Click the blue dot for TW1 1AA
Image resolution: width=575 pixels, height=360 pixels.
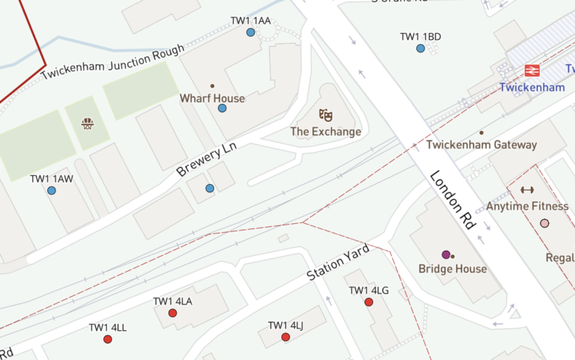click(250, 32)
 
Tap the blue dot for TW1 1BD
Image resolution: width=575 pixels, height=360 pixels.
click(420, 49)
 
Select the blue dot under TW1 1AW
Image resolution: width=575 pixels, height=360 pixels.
click(52, 191)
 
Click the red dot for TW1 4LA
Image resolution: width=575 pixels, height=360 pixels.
click(172, 313)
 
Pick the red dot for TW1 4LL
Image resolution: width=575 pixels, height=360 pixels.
click(108, 339)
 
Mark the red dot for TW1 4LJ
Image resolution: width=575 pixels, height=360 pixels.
click(285, 337)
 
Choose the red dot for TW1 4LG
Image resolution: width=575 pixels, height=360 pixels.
click(368, 302)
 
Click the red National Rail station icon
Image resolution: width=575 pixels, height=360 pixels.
click(532, 70)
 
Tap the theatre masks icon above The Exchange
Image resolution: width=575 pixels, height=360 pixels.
click(325, 115)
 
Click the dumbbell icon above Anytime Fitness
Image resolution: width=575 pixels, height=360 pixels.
click(527, 190)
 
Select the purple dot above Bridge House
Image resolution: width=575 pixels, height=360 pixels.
click(445, 254)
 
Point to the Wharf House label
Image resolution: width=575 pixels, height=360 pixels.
click(212, 98)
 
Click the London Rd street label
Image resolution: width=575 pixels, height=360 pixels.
click(453, 200)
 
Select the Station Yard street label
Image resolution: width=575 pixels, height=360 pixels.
click(338, 261)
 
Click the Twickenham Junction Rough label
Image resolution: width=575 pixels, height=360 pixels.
click(112, 63)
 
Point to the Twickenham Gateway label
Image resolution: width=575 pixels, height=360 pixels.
click(481, 144)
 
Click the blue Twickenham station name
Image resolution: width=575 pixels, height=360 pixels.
click(532, 88)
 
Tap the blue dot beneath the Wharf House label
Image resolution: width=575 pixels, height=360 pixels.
click(222, 109)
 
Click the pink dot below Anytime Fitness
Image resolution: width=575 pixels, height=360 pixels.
click(544, 223)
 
